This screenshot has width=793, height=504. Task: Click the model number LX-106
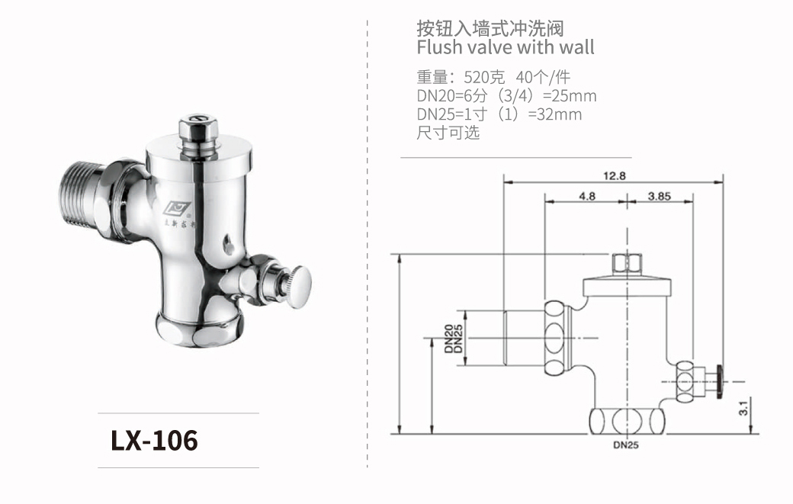(154, 440)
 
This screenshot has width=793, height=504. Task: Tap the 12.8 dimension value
(615, 176)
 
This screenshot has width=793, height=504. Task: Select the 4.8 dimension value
(586, 196)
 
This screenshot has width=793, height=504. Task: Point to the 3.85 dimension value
(660, 196)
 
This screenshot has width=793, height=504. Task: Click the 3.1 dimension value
(743, 408)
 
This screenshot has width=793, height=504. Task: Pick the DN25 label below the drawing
(626, 445)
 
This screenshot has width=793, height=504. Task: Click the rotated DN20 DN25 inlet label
(454, 339)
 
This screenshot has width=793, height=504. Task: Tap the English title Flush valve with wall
(506, 47)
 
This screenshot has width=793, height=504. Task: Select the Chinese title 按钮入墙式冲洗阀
(490, 28)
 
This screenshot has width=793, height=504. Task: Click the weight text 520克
(484, 77)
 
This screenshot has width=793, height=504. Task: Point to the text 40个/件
(543, 77)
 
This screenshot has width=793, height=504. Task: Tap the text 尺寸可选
(448, 133)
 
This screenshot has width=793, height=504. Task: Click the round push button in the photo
(300, 287)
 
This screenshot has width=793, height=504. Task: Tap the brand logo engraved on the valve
(177, 207)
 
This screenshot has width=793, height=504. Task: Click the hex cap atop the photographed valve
(198, 130)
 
